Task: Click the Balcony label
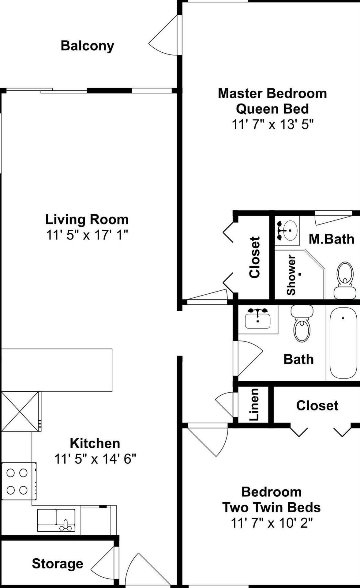pyautogui.click(x=87, y=46)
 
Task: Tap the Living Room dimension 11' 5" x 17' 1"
pyautogui.click(x=87, y=235)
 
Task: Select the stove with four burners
pyautogui.click(x=19, y=481)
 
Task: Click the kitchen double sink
pyautogui.click(x=56, y=520)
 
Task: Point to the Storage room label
pyautogui.click(x=58, y=563)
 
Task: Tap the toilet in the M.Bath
pyautogui.click(x=345, y=280)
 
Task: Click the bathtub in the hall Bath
pyautogui.click(x=343, y=343)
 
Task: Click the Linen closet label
pyautogui.click(x=254, y=404)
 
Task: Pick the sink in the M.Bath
pyautogui.click(x=287, y=231)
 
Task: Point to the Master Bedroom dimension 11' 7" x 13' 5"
pyautogui.click(x=273, y=125)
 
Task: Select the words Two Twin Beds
pyautogui.click(x=272, y=507)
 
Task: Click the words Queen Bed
pyautogui.click(x=272, y=109)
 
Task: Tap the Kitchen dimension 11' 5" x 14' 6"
pyautogui.click(x=95, y=459)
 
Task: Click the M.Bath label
pyautogui.click(x=332, y=239)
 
